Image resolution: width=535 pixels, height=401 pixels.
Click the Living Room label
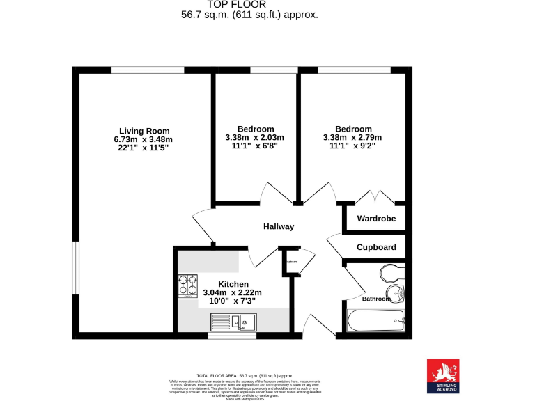coord(144,131)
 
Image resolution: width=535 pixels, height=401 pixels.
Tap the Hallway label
coord(279,226)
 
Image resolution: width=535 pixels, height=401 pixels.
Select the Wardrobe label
coord(376,219)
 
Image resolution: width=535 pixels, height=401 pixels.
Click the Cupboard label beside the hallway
coord(376,247)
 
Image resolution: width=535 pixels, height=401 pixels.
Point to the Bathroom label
coord(376,299)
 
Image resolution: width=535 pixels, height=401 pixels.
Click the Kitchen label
coord(233,284)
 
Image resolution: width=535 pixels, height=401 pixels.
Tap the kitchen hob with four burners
coord(188,285)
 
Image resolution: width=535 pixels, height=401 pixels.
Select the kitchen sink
coord(245,322)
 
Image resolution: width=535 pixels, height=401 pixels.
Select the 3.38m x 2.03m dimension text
coord(255,137)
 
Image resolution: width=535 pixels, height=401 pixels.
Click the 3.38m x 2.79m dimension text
coord(352,137)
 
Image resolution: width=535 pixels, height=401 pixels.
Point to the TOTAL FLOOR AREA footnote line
coord(245,374)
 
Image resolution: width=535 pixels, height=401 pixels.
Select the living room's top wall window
coord(148,70)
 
